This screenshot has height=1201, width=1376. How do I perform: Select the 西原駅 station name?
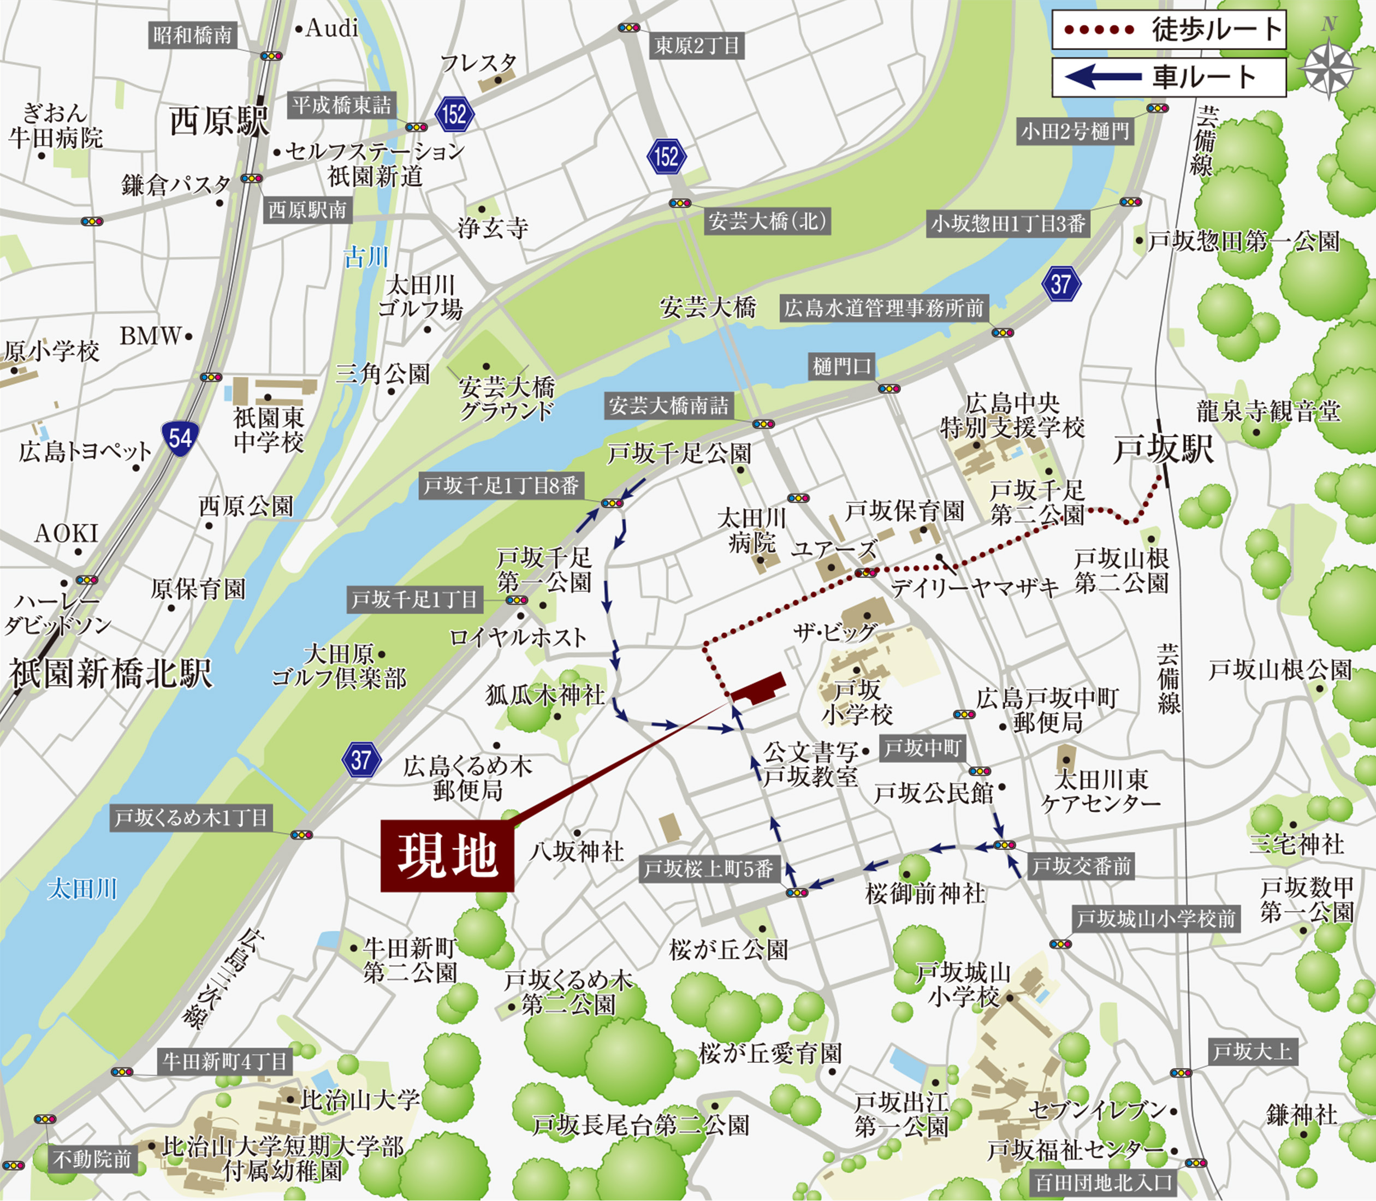point(218,121)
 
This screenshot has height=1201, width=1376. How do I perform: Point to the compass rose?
point(1328,68)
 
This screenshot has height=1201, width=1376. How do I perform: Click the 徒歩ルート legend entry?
point(1168,30)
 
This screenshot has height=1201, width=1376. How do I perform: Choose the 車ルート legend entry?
point(1168,77)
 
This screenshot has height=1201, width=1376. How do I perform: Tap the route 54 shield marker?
point(180,438)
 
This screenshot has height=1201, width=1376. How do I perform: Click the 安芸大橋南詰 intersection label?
point(668,406)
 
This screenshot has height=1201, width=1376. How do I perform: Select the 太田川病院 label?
point(751,530)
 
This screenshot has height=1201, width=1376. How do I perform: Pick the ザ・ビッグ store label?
point(834,631)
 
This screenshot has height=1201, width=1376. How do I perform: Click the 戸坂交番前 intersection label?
point(1081,866)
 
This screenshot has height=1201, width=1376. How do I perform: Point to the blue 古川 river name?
point(366,257)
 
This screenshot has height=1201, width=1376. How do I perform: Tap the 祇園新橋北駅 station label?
point(111,673)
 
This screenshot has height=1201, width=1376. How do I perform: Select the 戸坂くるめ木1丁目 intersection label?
point(191,818)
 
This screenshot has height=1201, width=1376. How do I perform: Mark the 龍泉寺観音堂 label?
point(1268,412)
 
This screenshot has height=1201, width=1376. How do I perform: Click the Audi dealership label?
point(331,28)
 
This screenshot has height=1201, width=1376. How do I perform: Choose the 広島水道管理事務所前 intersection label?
point(883,308)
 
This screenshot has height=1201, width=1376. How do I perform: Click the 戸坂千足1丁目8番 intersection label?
point(501,485)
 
